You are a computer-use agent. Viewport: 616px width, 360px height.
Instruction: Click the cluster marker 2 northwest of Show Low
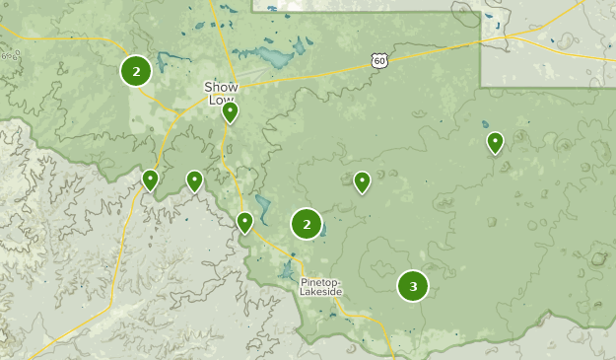pyautogui.click(x=135, y=70)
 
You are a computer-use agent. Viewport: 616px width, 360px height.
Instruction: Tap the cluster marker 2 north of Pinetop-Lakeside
pyautogui.click(x=307, y=224)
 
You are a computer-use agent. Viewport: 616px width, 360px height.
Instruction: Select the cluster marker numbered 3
pyautogui.click(x=413, y=286)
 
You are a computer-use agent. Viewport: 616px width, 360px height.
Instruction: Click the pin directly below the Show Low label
pyautogui.click(x=230, y=112)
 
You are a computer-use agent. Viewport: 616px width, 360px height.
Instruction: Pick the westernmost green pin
pyautogui.click(x=150, y=180)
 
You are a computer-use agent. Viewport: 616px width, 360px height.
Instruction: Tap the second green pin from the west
pyautogui.click(x=194, y=180)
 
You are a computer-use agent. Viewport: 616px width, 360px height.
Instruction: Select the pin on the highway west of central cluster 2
pyautogui.click(x=244, y=222)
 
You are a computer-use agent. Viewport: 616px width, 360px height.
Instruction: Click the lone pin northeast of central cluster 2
pyautogui.click(x=362, y=181)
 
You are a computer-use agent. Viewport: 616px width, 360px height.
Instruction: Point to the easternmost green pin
pyautogui.click(x=495, y=143)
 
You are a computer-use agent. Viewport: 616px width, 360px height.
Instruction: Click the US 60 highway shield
pyautogui.click(x=379, y=61)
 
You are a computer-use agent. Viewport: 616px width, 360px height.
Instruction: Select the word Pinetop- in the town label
pyautogui.click(x=321, y=281)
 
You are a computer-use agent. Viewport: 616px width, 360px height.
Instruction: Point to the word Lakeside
pyautogui.click(x=321, y=292)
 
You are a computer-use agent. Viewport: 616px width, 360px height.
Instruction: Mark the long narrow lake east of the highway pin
pyautogui.click(x=262, y=208)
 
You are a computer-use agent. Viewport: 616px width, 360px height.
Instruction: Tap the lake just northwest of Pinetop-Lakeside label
pyautogui.click(x=288, y=269)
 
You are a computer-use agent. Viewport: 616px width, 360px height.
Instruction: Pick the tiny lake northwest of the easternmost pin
pyautogui.click(x=485, y=125)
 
